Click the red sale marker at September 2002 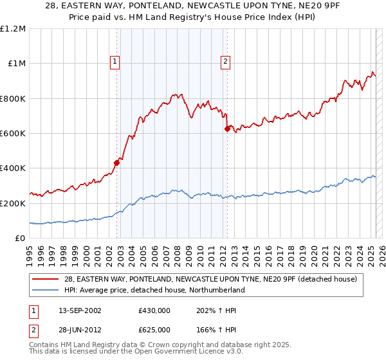point(117,163)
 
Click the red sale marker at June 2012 point(227,129)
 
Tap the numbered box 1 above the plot point(115,62)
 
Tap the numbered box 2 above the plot point(226,62)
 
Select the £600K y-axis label point(13,134)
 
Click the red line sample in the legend point(45,279)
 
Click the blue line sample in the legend point(45,290)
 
